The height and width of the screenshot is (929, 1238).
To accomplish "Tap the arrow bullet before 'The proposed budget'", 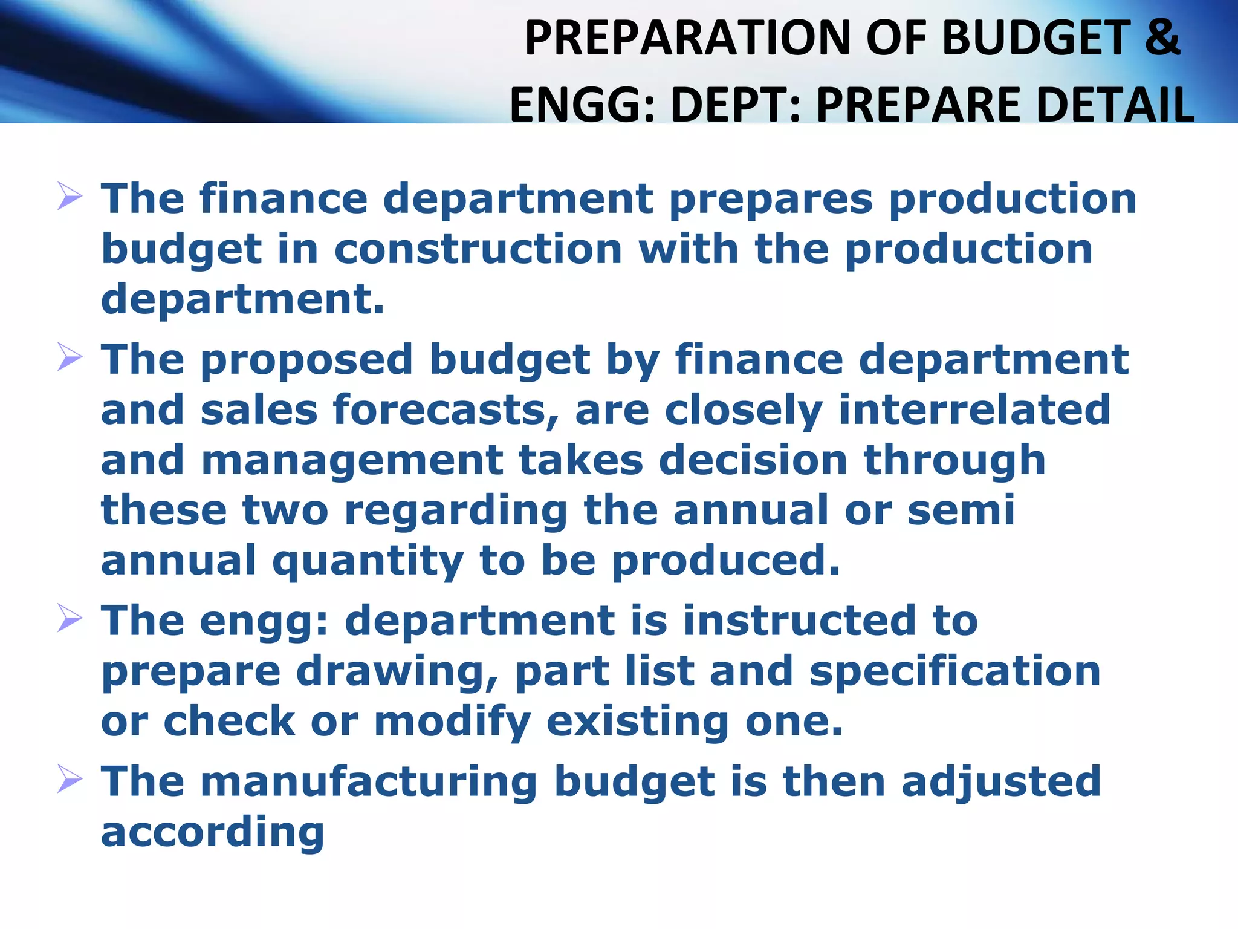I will pos(70,357).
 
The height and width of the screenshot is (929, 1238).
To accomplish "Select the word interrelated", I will pos(974,409).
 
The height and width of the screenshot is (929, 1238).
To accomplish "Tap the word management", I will pos(352,460).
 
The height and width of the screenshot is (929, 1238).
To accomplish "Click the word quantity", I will pos(368,561).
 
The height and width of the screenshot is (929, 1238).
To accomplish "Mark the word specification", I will pos(955,671).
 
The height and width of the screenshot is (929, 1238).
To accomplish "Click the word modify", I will pos(452,722).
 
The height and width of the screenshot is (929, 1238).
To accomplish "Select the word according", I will pos(212,832).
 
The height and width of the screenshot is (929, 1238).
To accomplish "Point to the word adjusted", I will pos(1001,781).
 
